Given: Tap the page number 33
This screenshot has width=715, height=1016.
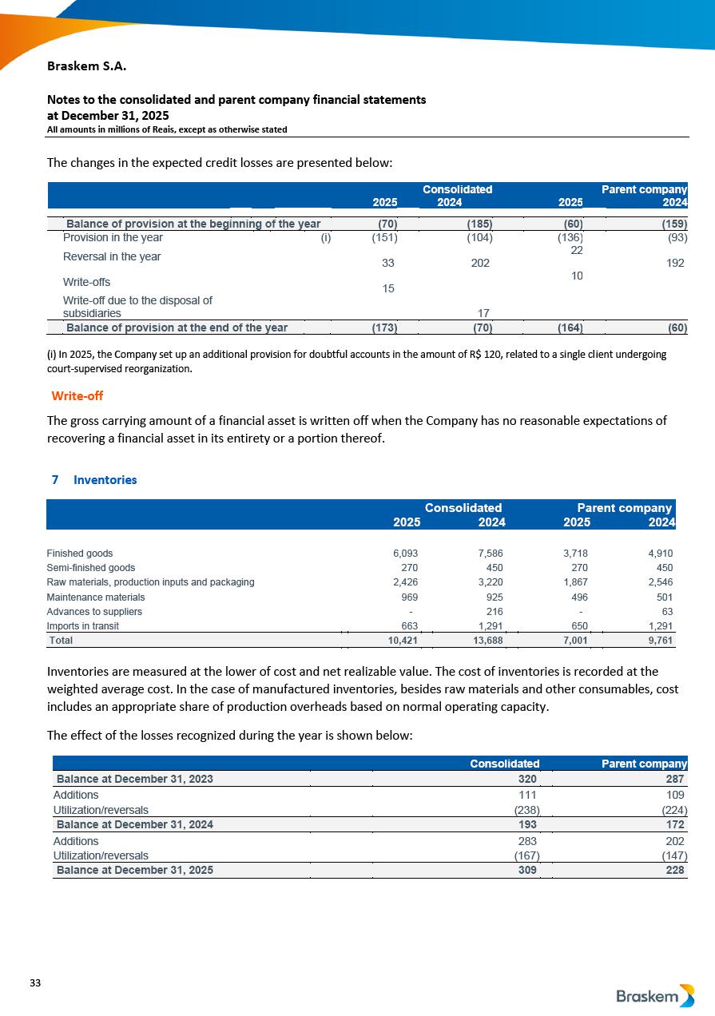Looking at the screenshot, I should point(35,982).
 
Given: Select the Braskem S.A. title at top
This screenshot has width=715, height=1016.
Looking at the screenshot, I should point(86,66).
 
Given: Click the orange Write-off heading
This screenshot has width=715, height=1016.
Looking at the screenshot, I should point(77,396).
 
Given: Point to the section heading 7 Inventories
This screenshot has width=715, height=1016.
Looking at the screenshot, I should point(94,480).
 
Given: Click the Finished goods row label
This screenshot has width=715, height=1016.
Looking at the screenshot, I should point(80,554).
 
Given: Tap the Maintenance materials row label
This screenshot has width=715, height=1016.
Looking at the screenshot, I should point(96,597).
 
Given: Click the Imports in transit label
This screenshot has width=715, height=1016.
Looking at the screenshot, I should point(83,626).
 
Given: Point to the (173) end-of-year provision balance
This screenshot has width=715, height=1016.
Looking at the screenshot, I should point(385,327).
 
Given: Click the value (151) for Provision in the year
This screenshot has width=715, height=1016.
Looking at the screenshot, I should point(385,237).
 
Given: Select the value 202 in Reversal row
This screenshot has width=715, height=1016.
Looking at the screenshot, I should point(480,263).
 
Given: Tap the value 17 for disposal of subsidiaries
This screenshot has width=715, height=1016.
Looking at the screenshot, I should point(483,313).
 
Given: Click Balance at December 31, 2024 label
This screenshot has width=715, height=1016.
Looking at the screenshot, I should point(134,824).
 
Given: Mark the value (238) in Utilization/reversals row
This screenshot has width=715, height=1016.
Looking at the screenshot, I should point(525,810).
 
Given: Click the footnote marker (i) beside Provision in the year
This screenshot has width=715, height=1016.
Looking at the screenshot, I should point(326,237).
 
